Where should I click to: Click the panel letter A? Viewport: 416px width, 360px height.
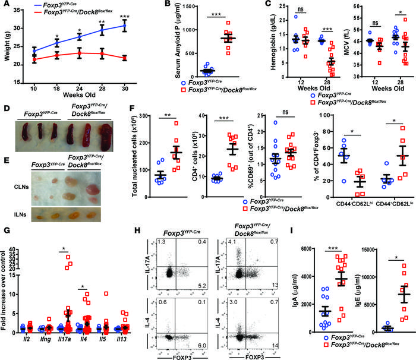pos(6,5)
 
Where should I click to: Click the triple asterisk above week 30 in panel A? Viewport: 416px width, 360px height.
pos(124,12)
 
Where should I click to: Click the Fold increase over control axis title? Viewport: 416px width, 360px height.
pos(7,285)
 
